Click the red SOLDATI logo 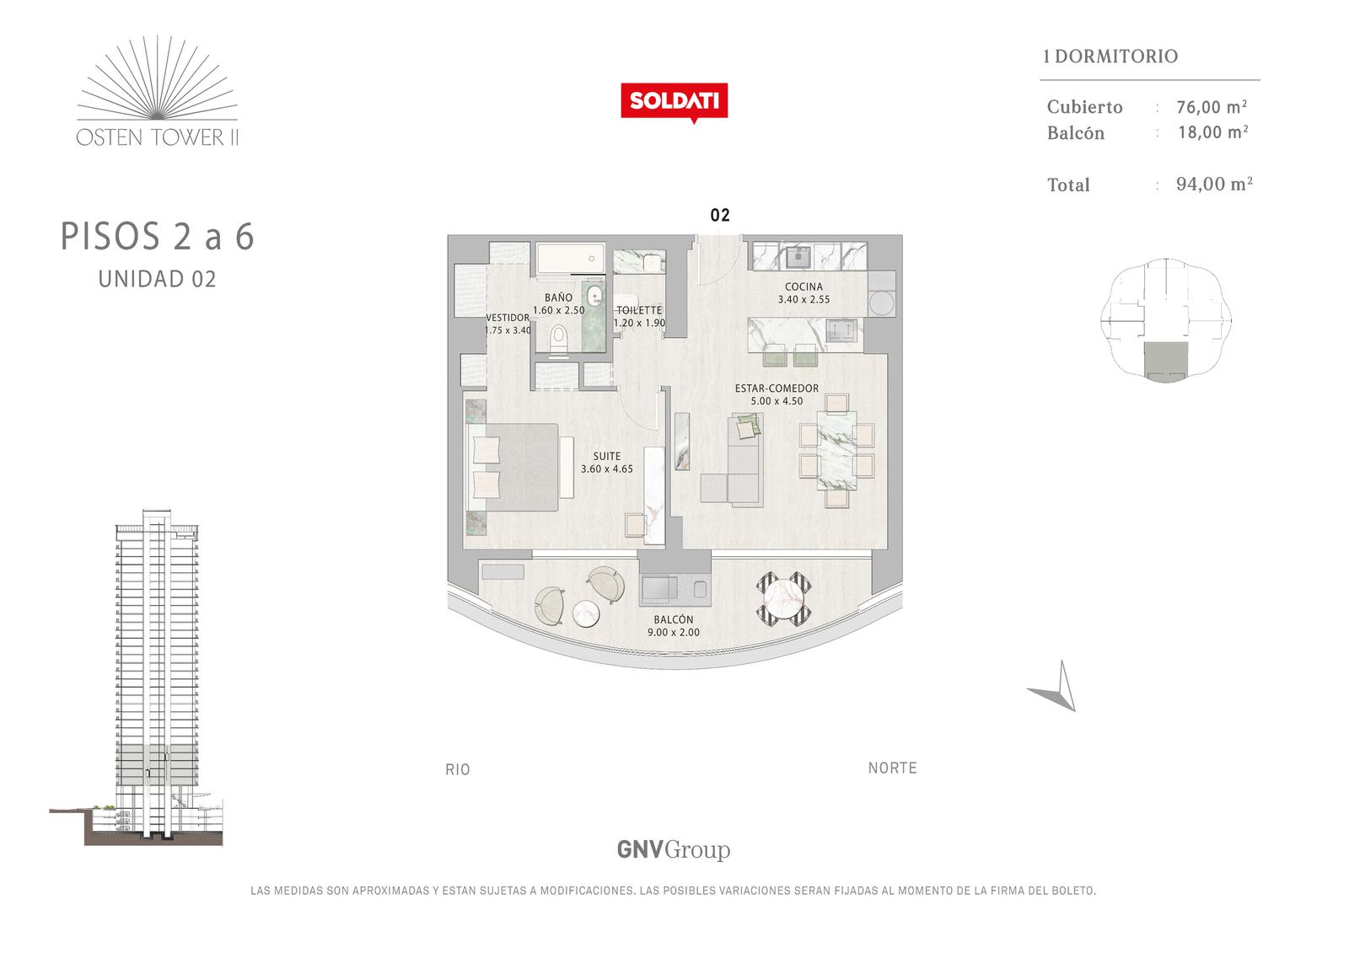point(674,102)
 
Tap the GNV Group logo point(674,849)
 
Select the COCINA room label point(803,287)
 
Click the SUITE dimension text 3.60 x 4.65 point(606,469)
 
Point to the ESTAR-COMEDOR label point(777,388)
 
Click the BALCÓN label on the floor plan point(674,618)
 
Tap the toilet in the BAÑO point(560,340)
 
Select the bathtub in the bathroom point(570,259)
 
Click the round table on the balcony point(783,598)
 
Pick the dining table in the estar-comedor point(836,450)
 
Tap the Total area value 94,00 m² point(1214,184)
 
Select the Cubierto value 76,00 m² point(1212,106)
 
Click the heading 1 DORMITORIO point(1110,56)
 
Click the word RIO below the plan point(458,769)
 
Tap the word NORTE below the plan point(893,768)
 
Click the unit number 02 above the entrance point(720,215)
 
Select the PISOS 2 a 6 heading point(157,236)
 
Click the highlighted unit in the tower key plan point(1166,362)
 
